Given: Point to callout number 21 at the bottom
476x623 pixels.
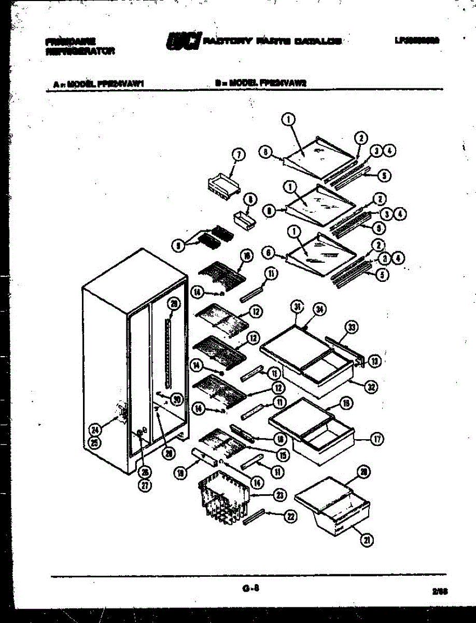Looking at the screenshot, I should pos(367,540).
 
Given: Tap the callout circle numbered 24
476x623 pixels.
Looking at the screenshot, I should pos(95,430).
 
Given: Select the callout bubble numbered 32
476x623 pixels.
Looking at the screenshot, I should pos(372,386).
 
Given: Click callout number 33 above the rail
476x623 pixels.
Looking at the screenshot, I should pos(352,327).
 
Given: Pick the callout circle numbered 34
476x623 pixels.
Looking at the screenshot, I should pos(320,310).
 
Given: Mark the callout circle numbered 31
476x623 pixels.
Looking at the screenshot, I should pos(297,307).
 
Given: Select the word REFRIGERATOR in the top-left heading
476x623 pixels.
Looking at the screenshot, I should pos(80,51).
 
